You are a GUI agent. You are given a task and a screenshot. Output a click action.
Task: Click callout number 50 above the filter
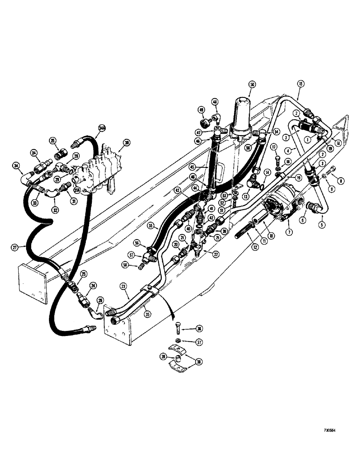[x=252, y=84]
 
